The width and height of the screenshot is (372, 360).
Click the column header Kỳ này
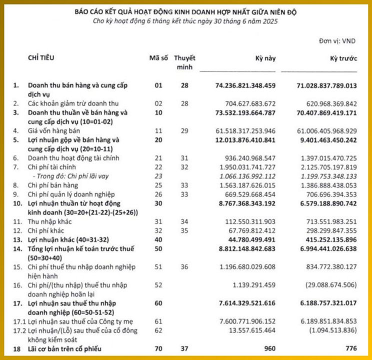(x=266, y=58)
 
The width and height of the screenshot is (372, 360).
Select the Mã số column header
(x=158, y=58)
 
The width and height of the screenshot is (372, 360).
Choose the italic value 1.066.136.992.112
(x=245, y=175)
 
